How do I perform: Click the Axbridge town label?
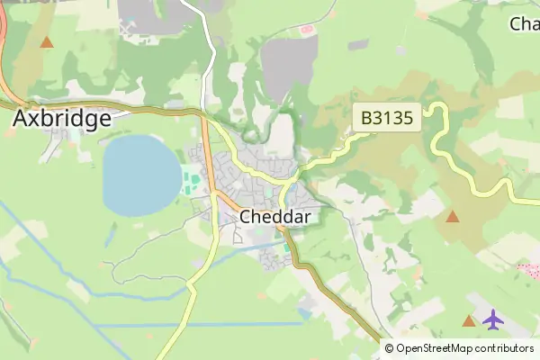coord(62,118)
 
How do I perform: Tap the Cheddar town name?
coord(275,217)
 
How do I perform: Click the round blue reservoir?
coord(141,174)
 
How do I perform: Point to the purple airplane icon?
coord(492,319)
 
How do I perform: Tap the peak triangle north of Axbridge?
coord(47,41)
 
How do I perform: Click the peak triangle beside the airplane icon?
coord(468,321)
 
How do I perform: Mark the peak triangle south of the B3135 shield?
coord(452,216)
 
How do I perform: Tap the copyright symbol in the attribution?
coord(390,348)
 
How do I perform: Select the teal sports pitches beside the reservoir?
coord(193,180)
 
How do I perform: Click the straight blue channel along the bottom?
coord(198,324)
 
